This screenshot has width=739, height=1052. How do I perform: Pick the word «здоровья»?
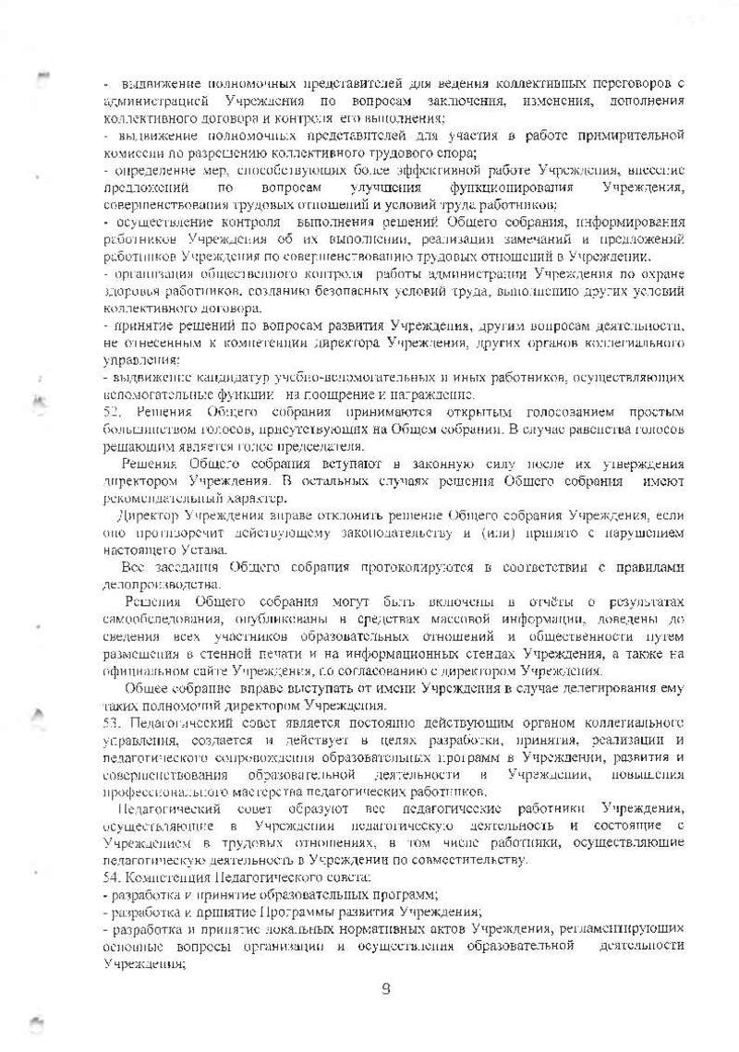(130, 291)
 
